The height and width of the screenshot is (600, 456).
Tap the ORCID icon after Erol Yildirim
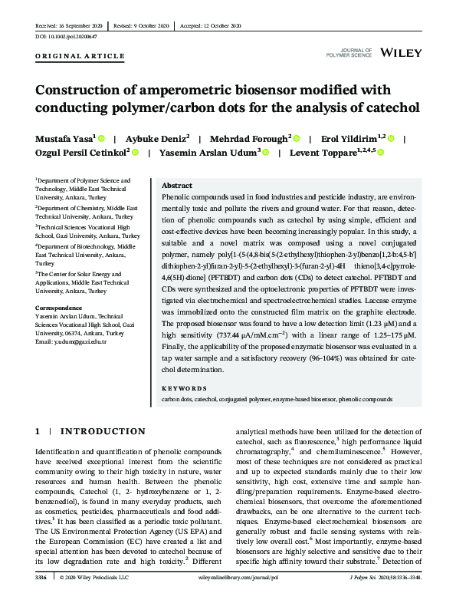click(391, 139)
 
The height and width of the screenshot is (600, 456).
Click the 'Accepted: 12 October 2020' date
click(210, 25)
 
